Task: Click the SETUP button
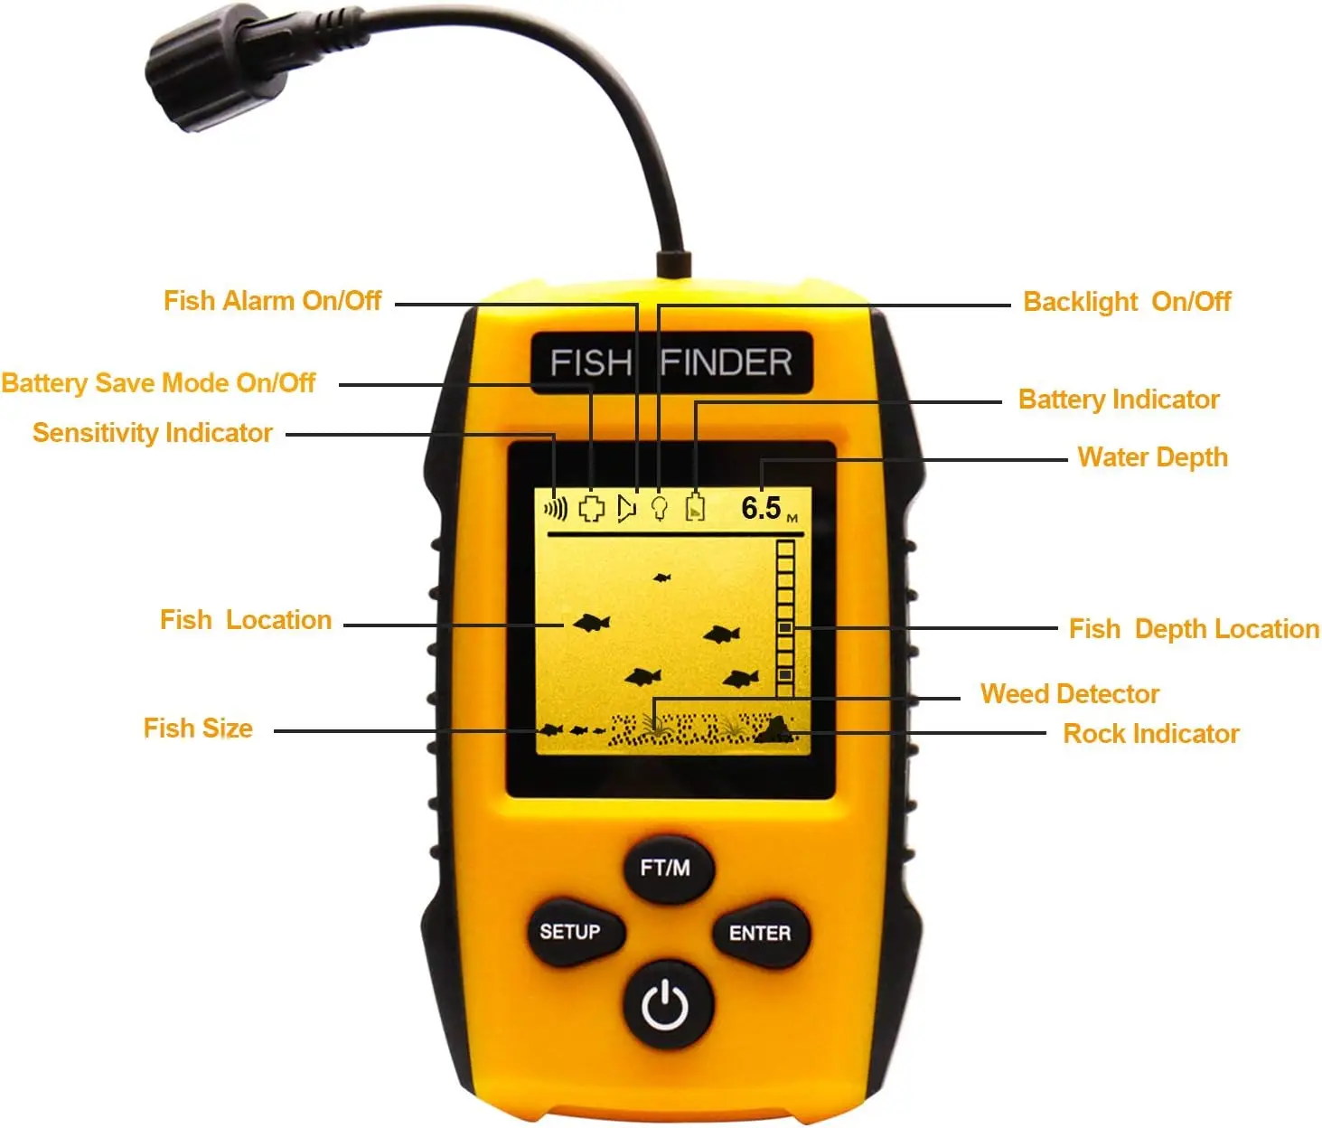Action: (570, 932)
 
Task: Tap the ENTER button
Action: (759, 933)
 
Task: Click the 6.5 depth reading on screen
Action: (761, 508)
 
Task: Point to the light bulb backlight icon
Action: (660, 508)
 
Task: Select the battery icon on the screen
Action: (695, 508)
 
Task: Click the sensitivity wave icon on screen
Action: (556, 509)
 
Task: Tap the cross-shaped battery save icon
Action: (591, 508)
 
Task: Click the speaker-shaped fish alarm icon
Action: (626, 508)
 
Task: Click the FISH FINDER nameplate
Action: (670, 362)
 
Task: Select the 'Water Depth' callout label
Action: (1152, 457)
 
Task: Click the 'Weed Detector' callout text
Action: (1069, 694)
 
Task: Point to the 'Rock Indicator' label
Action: (1150, 734)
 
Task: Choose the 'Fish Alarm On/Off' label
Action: (272, 301)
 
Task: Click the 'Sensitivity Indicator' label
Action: (152, 433)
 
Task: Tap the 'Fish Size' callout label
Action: (198, 728)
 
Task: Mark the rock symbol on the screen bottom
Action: (773, 729)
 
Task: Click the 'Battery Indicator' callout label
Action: (1118, 399)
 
